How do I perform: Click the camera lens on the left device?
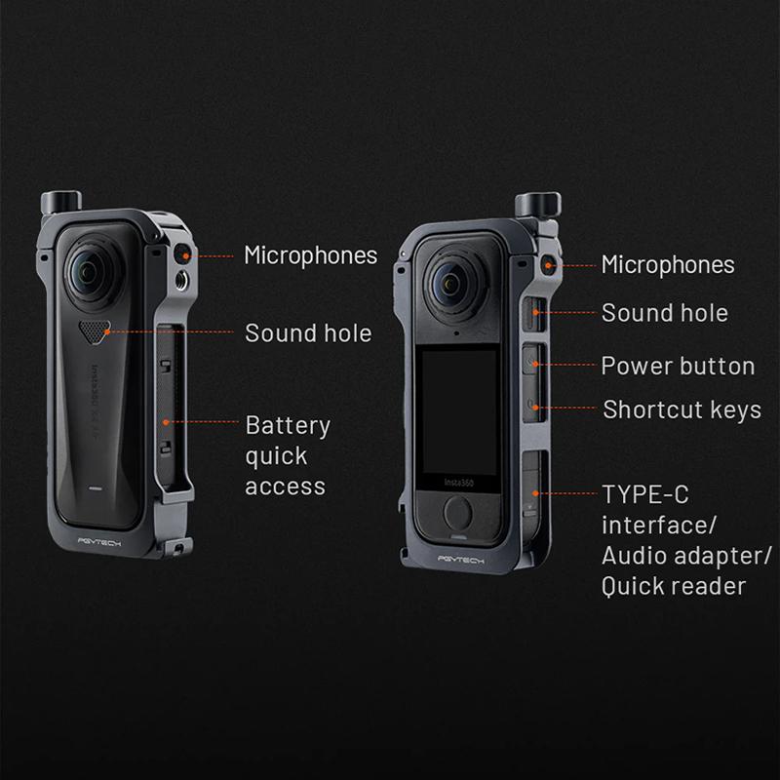click(x=91, y=272)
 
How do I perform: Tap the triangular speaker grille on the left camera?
click(x=94, y=331)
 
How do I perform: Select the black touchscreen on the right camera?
click(x=458, y=411)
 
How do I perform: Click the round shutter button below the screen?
click(x=457, y=513)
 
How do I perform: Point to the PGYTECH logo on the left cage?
click(x=99, y=542)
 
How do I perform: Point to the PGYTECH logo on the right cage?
click(x=460, y=560)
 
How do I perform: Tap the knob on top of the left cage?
click(x=61, y=202)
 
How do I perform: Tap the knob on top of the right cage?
click(x=538, y=205)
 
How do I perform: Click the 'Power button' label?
click(x=678, y=367)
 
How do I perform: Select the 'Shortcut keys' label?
click(x=682, y=410)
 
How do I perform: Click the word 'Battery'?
click(x=288, y=426)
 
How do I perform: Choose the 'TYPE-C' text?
click(x=645, y=494)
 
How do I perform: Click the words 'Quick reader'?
click(x=674, y=587)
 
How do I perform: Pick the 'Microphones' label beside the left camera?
click(x=310, y=255)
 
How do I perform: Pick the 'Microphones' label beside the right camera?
click(x=668, y=264)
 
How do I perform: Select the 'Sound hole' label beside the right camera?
click(x=665, y=313)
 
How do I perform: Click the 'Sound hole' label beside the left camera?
click(x=308, y=333)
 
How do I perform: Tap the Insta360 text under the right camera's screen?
click(x=458, y=483)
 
